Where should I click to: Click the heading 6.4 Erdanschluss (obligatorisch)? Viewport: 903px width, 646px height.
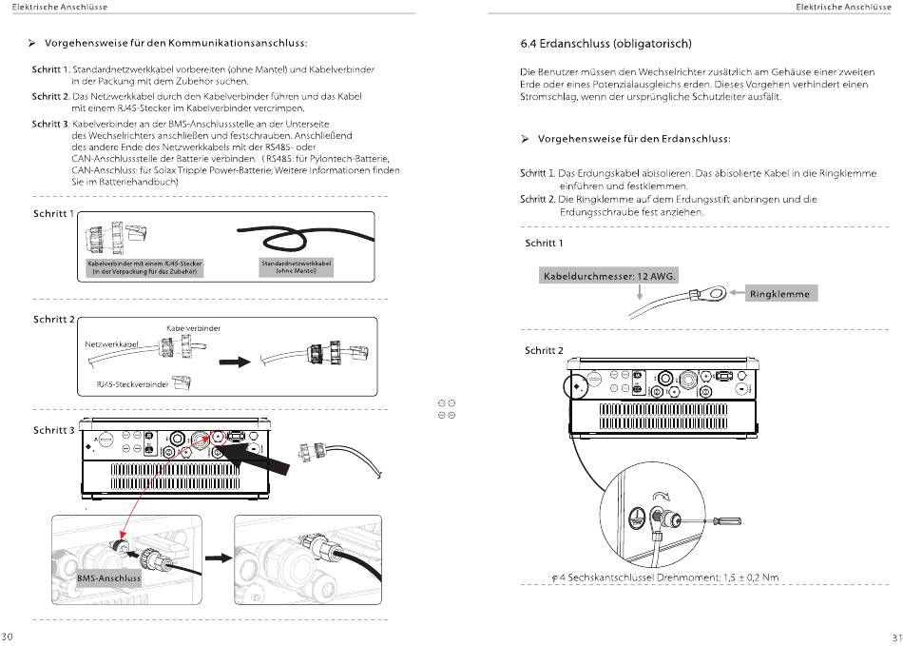605,44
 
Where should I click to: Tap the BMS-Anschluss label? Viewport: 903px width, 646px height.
109,577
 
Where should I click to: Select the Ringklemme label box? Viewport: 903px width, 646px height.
779,294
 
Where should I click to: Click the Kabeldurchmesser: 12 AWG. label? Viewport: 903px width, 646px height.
608,276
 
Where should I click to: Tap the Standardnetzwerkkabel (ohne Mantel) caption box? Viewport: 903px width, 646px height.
297,266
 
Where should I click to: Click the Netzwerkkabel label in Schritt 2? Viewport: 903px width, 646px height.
112,343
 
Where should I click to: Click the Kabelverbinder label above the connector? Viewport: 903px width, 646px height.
193,328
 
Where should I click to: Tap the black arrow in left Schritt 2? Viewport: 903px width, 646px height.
233,362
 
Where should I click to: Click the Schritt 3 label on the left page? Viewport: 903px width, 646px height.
53,430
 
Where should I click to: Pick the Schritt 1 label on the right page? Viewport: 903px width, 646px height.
544,244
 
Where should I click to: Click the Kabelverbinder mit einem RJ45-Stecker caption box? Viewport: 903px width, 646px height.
144,266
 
